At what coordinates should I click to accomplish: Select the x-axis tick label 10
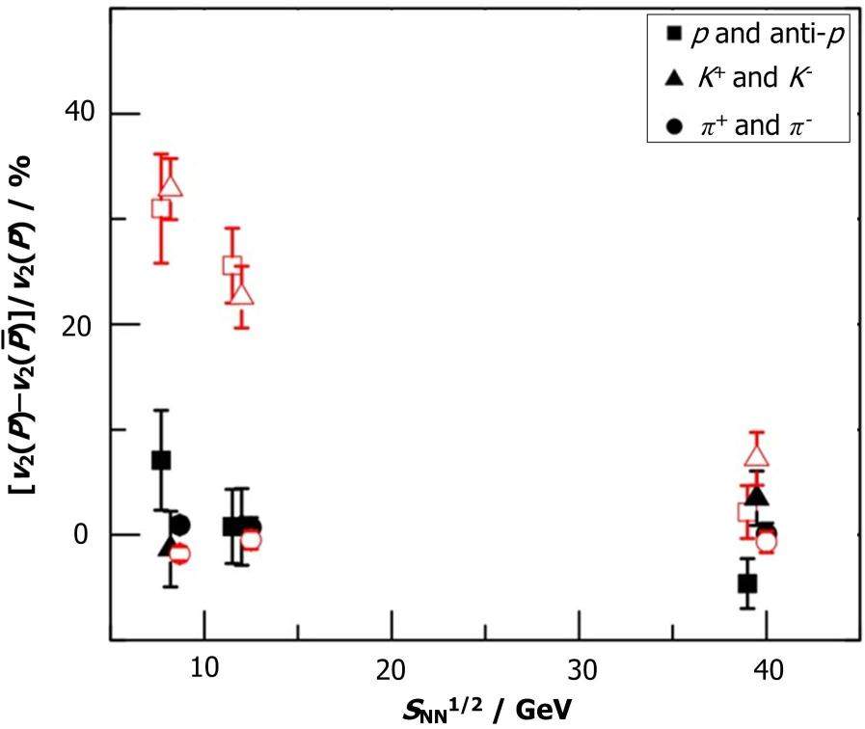point(203,668)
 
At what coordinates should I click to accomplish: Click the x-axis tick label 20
point(392,668)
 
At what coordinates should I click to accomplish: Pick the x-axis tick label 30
point(579,668)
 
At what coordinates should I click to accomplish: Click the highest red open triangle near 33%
point(172,184)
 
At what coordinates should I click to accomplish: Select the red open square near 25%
point(231,265)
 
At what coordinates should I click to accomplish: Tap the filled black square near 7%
point(161,460)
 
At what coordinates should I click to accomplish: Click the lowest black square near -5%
point(746,583)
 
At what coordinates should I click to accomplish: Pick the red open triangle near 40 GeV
point(757,455)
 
